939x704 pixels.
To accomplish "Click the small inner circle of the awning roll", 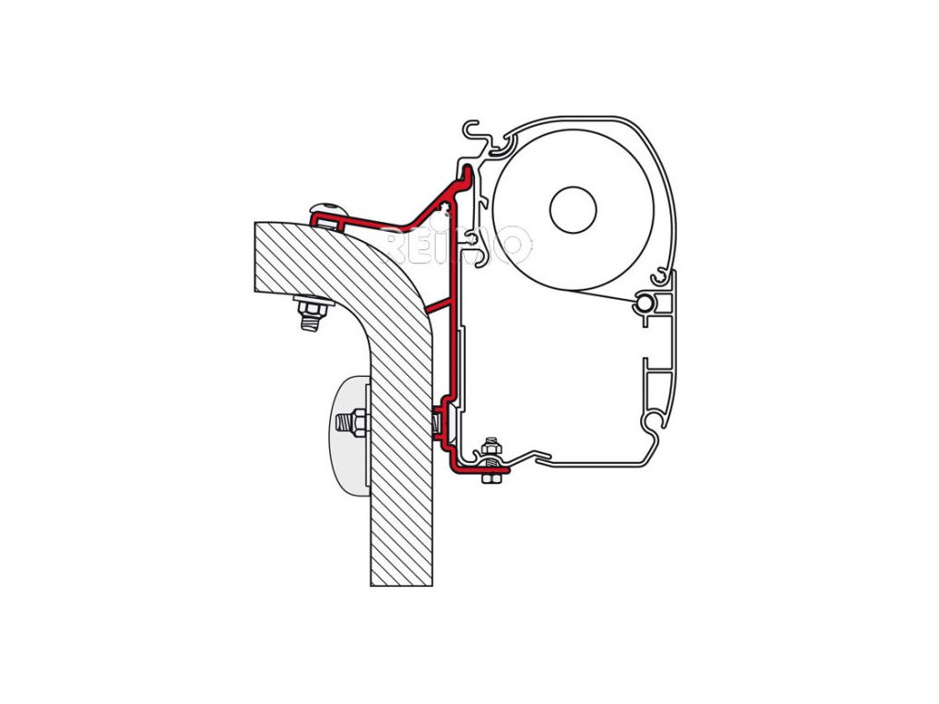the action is tap(573, 210).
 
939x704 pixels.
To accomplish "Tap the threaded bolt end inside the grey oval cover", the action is tap(347, 423).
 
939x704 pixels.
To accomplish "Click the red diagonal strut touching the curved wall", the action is tap(442, 305).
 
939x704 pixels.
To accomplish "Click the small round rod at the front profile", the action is tap(647, 302).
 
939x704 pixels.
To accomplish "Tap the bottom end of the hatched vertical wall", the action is tap(401, 573).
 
